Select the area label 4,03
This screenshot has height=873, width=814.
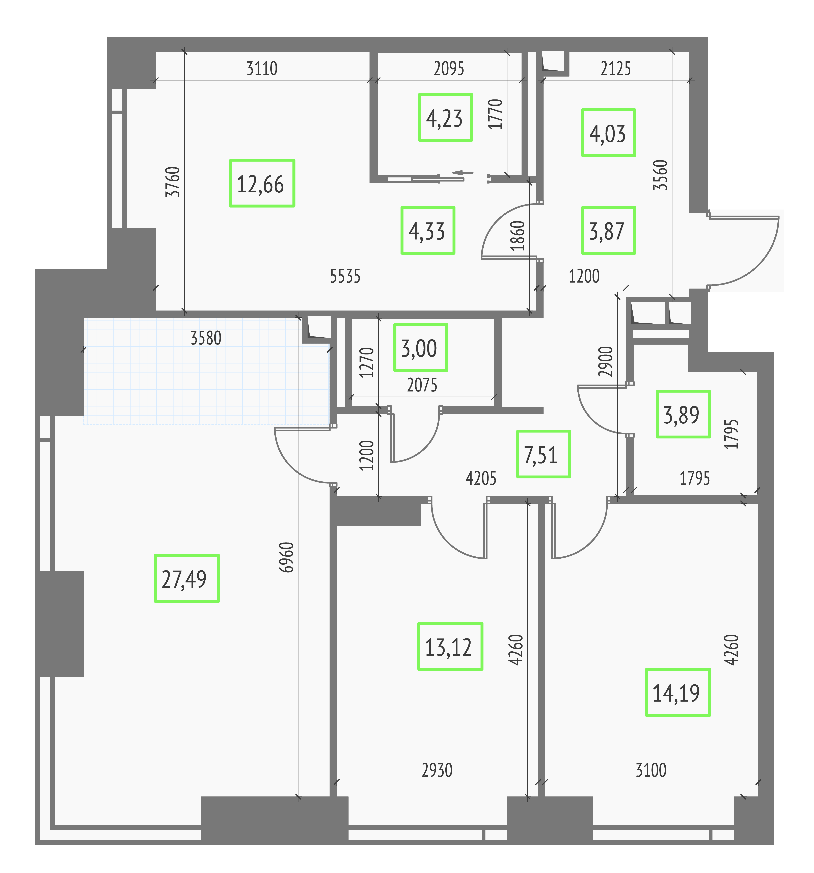(x=609, y=133)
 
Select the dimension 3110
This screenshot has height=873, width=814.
(x=262, y=69)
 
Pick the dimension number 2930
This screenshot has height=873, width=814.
(x=437, y=770)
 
